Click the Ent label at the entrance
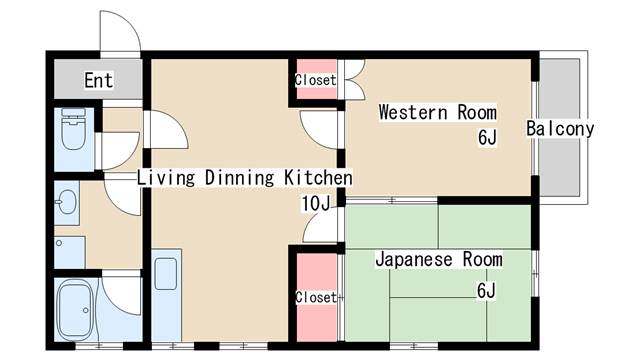pyautogui.click(x=98, y=80)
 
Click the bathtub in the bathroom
pyautogui.click(x=76, y=309)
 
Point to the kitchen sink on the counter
pyautogui.click(x=165, y=273)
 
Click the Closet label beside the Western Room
pyautogui.click(x=314, y=80)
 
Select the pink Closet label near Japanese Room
pyautogui.click(x=314, y=297)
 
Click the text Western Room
pyautogui.click(x=437, y=112)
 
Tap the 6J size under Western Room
pyautogui.click(x=486, y=138)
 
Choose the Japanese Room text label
pyautogui.click(x=438, y=260)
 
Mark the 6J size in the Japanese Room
pyautogui.click(x=486, y=290)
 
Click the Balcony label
pyautogui.click(x=560, y=128)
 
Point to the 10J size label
pyautogui.click(x=316, y=204)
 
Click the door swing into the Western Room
pyautogui.click(x=323, y=128)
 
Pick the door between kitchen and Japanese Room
pyautogui.click(x=323, y=225)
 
